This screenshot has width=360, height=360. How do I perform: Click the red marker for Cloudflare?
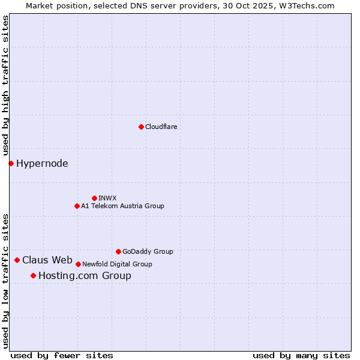coord(141,127)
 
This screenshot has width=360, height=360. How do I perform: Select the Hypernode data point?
coord(11,163)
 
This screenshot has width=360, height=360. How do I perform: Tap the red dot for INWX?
coord(94,198)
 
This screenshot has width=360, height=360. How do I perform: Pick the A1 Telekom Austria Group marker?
coord(77,206)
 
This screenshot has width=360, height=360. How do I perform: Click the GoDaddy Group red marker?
coord(118,251)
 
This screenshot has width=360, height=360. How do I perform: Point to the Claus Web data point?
coord(17,260)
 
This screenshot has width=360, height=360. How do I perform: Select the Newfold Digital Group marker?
coord(78,264)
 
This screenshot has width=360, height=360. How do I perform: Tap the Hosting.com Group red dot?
coord(33,275)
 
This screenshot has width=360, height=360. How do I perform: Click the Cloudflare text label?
coord(161,127)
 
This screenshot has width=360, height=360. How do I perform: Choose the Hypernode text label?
coord(42,163)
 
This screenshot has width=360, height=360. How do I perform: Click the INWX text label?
coord(107,198)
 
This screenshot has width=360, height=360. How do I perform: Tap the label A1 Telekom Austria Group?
coord(122,206)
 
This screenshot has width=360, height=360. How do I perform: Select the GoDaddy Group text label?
coord(148,251)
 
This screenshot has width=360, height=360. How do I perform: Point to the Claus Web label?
coord(47,260)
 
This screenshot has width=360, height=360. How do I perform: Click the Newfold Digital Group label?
coord(117,264)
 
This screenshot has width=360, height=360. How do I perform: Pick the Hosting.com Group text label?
coord(85,276)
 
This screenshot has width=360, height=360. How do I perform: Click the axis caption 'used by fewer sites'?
coord(62,355)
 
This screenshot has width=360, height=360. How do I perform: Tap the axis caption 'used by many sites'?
coord(301,355)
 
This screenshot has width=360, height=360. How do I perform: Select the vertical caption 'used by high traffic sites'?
coord(5,86)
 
